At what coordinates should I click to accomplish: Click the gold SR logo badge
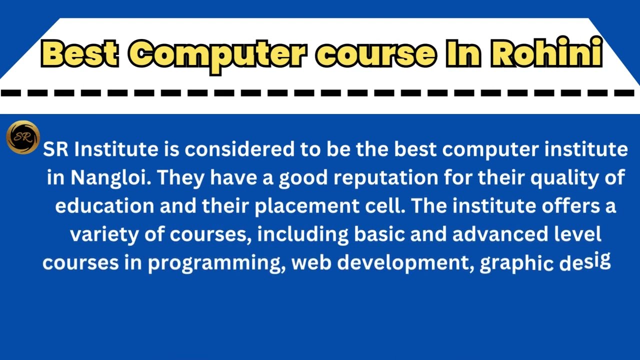point(23,137)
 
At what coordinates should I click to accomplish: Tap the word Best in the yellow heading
point(80,53)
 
